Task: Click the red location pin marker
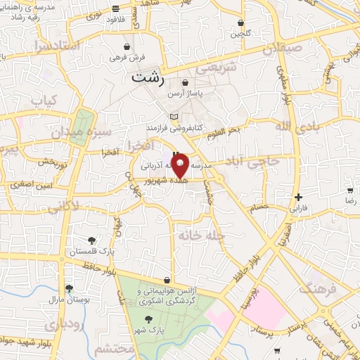[x=180, y=167]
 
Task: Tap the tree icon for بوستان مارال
[x=69, y=288]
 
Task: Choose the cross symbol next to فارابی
[x=299, y=197]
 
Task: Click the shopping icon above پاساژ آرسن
[x=184, y=83]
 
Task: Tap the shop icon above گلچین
[x=241, y=22]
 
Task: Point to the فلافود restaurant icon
[x=115, y=9]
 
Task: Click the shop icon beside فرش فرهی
[x=127, y=47]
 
